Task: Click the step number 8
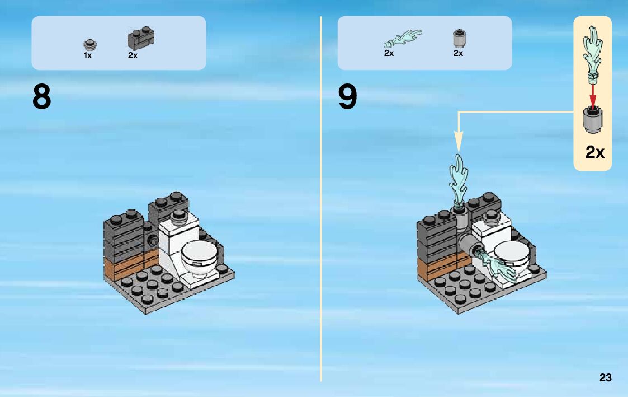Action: (x=41, y=97)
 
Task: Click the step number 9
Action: (x=347, y=97)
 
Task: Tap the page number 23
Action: (x=606, y=377)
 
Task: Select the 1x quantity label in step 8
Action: (x=88, y=55)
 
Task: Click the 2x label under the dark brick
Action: (x=133, y=55)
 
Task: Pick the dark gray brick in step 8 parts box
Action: (x=141, y=39)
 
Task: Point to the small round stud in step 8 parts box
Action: (x=89, y=44)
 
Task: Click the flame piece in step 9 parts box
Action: (x=403, y=39)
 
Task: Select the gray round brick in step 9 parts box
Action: (x=459, y=38)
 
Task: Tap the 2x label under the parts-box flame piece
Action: (x=389, y=53)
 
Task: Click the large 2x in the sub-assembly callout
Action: (x=595, y=152)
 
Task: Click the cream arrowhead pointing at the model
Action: (x=459, y=142)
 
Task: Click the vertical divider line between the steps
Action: (x=321, y=199)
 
